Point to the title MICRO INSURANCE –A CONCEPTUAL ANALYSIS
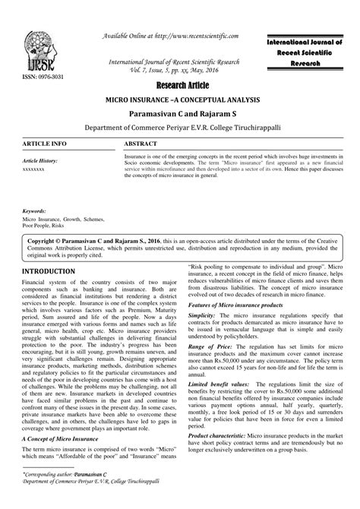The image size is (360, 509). [x=180, y=101]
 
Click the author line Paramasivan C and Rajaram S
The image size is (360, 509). [x=180, y=114]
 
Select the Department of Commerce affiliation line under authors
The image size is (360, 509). [x=180, y=128]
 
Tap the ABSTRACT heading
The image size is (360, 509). [x=141, y=144]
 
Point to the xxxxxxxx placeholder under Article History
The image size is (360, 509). [x=34, y=170]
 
